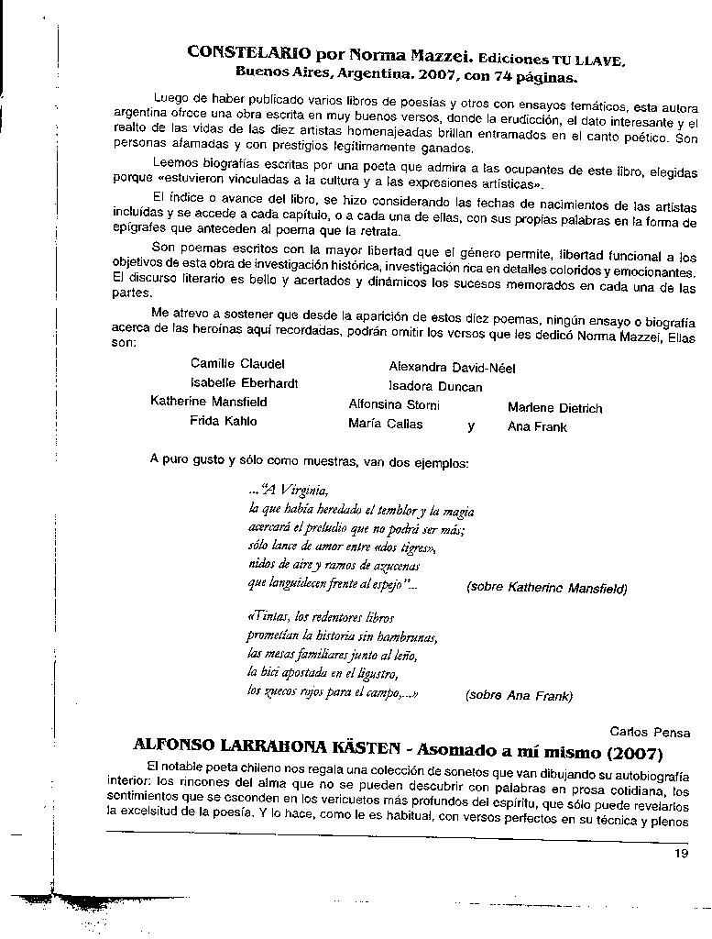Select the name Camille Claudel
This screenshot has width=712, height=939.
[x=237, y=364]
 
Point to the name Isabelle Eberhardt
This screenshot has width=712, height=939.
[x=244, y=383]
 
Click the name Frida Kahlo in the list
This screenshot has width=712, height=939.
[x=224, y=422]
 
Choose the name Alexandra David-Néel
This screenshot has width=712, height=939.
[x=452, y=369]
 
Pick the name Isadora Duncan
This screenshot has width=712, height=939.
[x=435, y=387]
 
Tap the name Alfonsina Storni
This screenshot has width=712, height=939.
[x=394, y=405]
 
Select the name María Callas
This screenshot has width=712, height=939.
[x=386, y=425]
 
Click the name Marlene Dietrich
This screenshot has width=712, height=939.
[x=555, y=408]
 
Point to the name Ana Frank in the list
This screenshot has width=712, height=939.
[x=537, y=426]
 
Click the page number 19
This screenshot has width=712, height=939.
[x=681, y=855]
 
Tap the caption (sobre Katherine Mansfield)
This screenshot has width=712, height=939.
[x=546, y=589]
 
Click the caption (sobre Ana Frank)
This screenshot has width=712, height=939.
[x=519, y=695]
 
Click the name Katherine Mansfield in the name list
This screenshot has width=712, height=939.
[x=209, y=402]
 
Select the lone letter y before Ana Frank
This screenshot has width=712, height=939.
[x=471, y=426]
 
